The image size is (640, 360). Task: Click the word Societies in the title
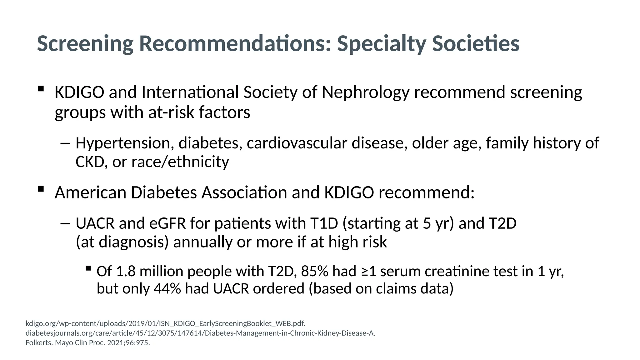pos(476,43)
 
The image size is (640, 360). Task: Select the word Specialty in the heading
pos(381,44)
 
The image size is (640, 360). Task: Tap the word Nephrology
pos(365,92)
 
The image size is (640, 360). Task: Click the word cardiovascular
pos(297,143)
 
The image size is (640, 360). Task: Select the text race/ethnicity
pos(180,162)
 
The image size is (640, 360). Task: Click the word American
pos(90,192)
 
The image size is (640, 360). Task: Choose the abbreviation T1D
pos(324,223)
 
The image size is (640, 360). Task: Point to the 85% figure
pos(314,271)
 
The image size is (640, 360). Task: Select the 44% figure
pos(167,288)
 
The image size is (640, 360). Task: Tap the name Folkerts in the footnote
pos(39,343)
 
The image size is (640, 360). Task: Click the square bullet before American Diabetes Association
pos(41,189)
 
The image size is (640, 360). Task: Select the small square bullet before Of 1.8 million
pos(88,268)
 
